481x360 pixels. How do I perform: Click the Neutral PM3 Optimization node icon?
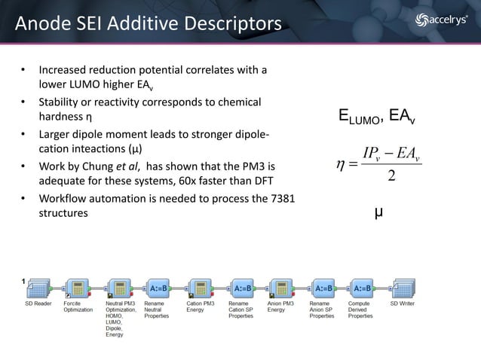point(119,288)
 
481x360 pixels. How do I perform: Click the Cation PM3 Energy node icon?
point(200,288)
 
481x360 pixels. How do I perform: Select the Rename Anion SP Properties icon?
point(324,288)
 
